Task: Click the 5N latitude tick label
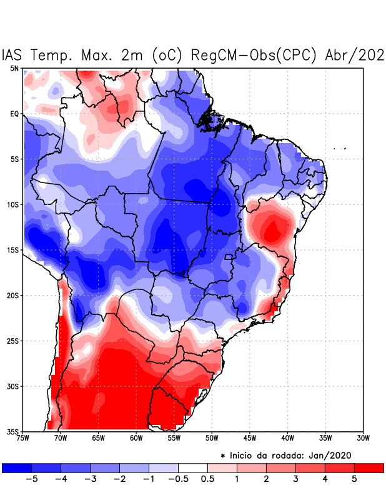[x=14, y=68]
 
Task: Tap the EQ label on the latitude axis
[x=14, y=114]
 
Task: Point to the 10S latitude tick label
[x=12, y=204]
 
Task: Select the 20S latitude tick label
[x=12, y=295]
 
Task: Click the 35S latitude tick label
[x=12, y=431]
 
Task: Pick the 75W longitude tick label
[x=23, y=438]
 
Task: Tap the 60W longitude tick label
[x=136, y=438]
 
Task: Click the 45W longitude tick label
[x=250, y=438]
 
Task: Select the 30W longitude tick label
[x=363, y=438]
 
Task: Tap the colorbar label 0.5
[x=208, y=479]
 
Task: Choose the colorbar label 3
[x=296, y=479]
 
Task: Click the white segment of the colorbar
[x=192, y=467]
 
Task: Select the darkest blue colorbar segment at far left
[x=16, y=467]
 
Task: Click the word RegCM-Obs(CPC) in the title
[x=256, y=55]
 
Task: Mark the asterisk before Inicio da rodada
[x=223, y=456]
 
